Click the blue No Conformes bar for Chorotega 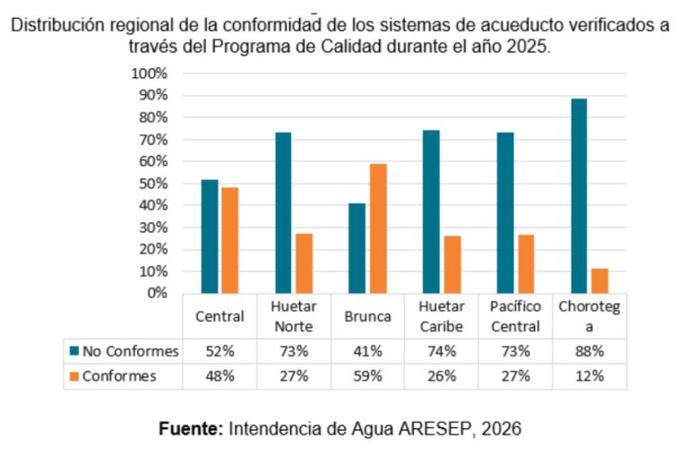click(579, 195)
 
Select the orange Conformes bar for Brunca click(378, 228)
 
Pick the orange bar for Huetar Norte click(305, 263)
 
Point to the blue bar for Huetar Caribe click(431, 211)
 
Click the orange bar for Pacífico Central click(526, 263)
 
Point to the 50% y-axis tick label click(152, 184)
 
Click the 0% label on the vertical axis click(157, 293)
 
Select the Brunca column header click(367, 316)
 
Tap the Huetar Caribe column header click(442, 316)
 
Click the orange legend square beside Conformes click(74, 376)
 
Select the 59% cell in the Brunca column click(367, 376)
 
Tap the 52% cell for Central click(219, 350)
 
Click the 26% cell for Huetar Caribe click(442, 376)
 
